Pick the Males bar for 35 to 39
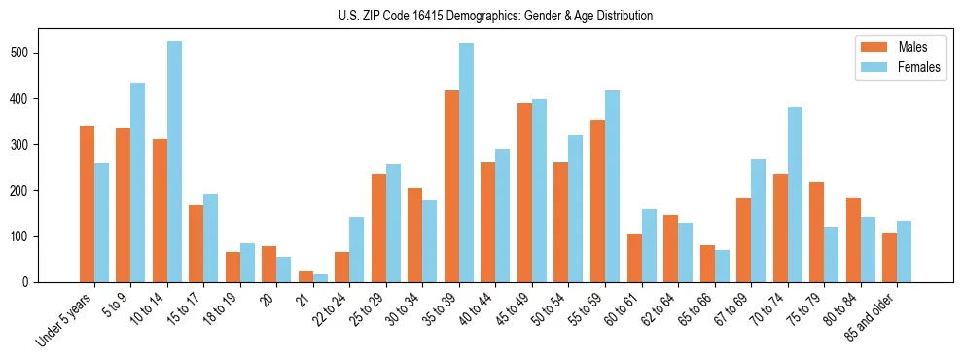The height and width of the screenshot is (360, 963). point(451,186)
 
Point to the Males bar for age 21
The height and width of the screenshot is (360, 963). point(305,276)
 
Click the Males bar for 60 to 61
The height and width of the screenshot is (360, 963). point(634,258)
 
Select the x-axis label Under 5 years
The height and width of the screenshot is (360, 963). point(65,320)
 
